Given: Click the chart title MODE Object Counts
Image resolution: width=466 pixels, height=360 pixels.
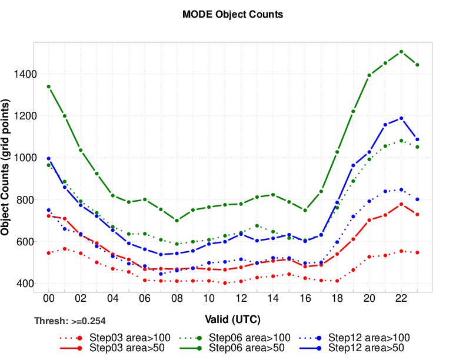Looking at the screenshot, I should pos(233,15).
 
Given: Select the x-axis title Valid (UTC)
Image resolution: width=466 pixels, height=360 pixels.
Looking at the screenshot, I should pos(233,319).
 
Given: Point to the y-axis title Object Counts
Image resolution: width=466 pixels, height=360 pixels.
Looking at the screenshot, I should pos(7,168).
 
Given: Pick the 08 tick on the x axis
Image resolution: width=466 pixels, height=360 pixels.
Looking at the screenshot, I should pos(177,299).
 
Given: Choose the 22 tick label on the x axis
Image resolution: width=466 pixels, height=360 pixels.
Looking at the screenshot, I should pos(401,299).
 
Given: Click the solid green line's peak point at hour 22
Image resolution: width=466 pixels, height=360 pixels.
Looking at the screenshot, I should pos(401,52).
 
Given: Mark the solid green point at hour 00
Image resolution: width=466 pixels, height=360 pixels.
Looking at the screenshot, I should pos(49,86).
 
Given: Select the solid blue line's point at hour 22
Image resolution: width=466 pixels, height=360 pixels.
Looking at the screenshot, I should pos(401,118).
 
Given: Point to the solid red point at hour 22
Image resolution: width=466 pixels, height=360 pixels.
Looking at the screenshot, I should pos(401,204).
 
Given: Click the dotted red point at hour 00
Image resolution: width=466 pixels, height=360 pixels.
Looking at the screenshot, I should pos(49,253).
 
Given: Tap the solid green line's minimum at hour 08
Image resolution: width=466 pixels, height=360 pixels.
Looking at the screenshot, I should pos(177,221).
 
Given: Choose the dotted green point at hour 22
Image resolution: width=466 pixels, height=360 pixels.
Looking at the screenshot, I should pos(401,141).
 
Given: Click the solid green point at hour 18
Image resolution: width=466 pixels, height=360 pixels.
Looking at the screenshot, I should pos(337,152).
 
